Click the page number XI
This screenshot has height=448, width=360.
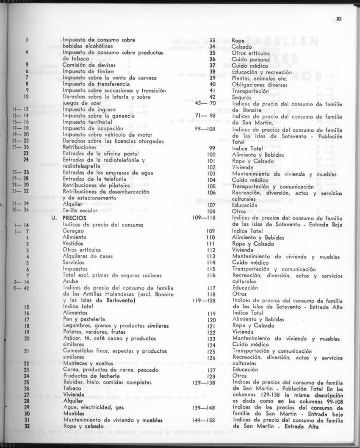point(339,19)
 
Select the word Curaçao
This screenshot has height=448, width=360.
point(73,231)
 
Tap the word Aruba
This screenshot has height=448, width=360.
point(70,282)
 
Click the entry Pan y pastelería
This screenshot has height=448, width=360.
point(84,319)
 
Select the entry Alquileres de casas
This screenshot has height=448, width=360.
point(88,256)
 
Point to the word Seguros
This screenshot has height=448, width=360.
point(241,97)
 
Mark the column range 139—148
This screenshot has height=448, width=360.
point(204,407)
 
